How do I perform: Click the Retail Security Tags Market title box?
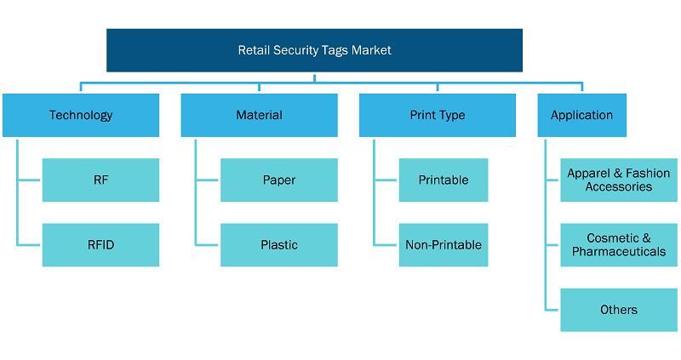[314, 50]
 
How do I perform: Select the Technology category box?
[81, 115]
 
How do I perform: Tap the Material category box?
[260, 115]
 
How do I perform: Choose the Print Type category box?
[438, 115]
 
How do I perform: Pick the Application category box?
[582, 115]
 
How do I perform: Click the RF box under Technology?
[100, 180]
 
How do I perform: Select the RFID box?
[100, 245]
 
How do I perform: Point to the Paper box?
[279, 180]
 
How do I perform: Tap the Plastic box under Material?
[279, 245]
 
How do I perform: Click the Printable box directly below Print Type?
[444, 180]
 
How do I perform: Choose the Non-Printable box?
[444, 245]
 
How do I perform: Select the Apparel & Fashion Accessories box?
[619, 180]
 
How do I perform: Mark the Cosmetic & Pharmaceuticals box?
[619, 245]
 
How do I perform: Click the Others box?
[619, 310]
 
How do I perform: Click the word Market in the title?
[371, 50]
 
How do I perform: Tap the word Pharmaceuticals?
[619, 252]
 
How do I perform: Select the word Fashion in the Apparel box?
[648, 174]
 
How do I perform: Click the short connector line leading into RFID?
[29, 245]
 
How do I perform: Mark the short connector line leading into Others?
[552, 310]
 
